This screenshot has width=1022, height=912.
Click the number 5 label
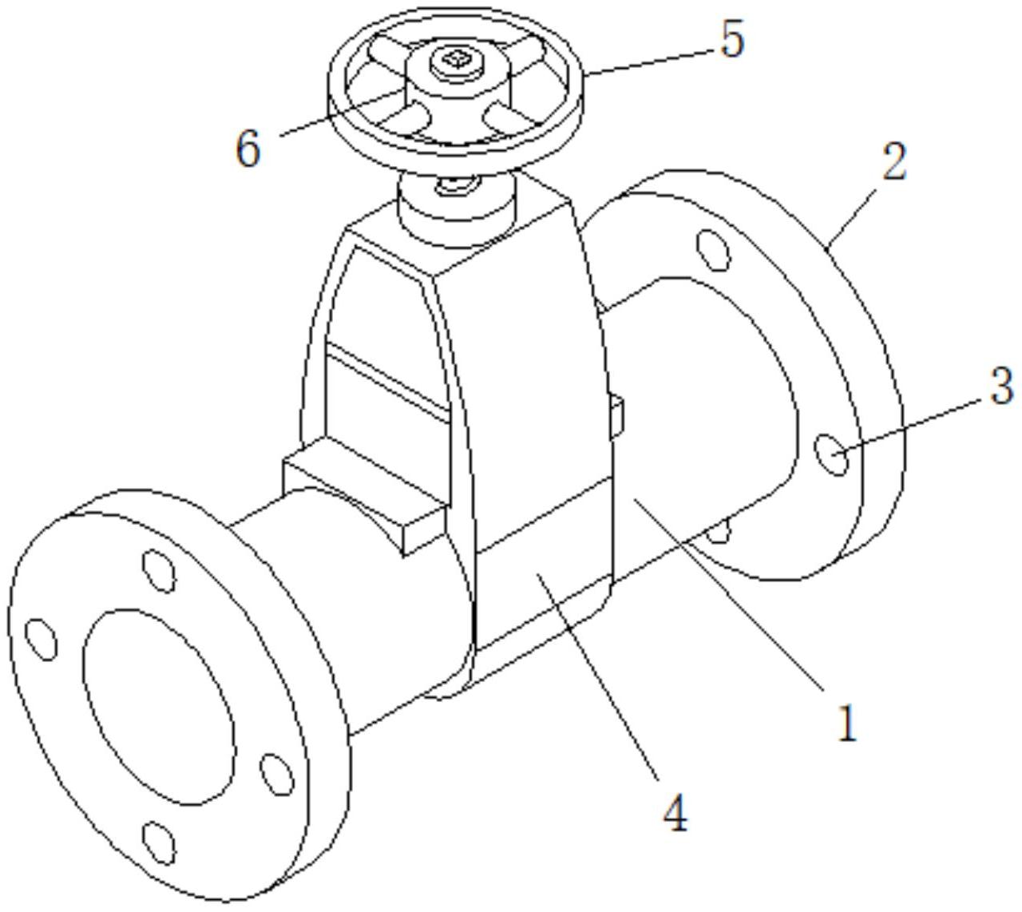click(732, 41)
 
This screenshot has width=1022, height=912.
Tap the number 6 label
click(248, 149)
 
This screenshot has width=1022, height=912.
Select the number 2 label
click(894, 161)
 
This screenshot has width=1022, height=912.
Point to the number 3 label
click(1000, 386)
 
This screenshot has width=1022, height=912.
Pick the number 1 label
click(847, 723)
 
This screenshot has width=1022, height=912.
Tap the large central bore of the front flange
click(159, 707)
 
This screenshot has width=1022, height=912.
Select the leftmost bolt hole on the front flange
click(42, 639)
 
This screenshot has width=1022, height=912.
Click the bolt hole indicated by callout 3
click(832, 454)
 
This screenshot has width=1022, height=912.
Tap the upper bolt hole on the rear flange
click(713, 250)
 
